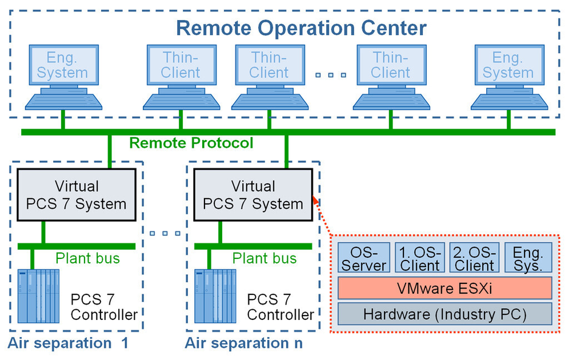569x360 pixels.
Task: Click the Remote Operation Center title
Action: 301,27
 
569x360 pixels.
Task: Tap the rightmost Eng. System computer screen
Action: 507,65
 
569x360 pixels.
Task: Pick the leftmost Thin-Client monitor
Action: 181,65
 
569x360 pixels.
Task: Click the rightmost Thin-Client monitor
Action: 391,65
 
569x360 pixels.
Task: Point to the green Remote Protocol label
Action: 191,142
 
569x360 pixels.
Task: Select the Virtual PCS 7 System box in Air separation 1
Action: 77,194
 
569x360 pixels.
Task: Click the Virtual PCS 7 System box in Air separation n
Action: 253,194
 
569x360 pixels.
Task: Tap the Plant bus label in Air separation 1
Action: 87,258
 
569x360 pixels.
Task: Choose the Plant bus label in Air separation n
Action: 264,258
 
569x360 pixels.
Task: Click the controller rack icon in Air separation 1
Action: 38,296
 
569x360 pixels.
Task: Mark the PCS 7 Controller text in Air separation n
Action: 280,307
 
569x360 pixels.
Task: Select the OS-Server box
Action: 363,258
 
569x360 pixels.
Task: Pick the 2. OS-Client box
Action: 473,258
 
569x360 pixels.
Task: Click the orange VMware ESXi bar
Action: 445,287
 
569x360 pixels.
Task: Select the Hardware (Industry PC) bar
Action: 445,314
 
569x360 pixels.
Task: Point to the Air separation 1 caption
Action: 67,343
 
